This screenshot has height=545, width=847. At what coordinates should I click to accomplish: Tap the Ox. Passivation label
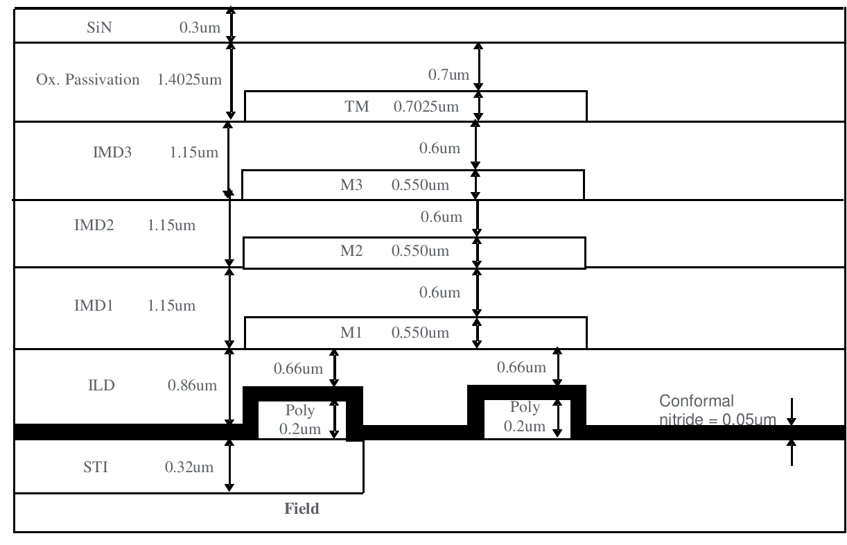(x=87, y=80)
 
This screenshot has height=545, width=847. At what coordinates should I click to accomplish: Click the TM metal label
(x=358, y=107)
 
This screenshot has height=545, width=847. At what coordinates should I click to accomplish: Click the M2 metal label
(x=353, y=250)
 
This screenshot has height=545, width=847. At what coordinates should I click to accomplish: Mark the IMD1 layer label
(x=93, y=305)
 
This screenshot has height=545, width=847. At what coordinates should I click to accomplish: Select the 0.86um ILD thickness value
(x=191, y=386)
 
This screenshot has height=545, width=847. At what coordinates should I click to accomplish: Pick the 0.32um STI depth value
(x=189, y=467)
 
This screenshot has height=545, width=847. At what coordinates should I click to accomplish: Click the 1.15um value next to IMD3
(x=193, y=153)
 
